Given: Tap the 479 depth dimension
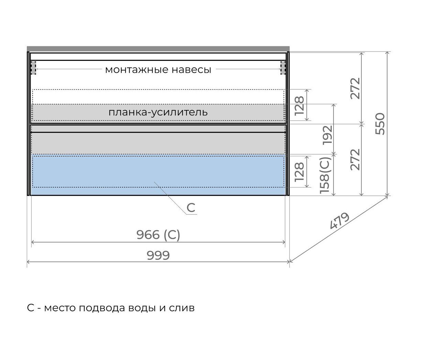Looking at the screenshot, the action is (339, 221).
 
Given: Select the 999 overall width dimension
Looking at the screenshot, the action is (158, 255).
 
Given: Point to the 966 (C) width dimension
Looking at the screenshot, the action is (158, 235).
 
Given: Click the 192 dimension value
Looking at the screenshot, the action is (327, 135).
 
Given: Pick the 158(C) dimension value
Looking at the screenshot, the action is (324, 175).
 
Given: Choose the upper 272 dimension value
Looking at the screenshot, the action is (355, 88).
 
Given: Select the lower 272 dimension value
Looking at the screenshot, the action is (355, 160).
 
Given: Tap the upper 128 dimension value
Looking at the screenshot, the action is (299, 105).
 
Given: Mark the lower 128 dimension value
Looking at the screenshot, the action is (299, 172).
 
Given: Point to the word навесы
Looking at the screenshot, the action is (191, 70).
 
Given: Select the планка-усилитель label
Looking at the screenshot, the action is (158, 112).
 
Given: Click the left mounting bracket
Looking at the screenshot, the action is (33, 68).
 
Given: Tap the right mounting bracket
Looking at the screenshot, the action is (283, 68).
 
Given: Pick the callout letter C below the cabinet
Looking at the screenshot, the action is (191, 207).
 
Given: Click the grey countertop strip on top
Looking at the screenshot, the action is (158, 49).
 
